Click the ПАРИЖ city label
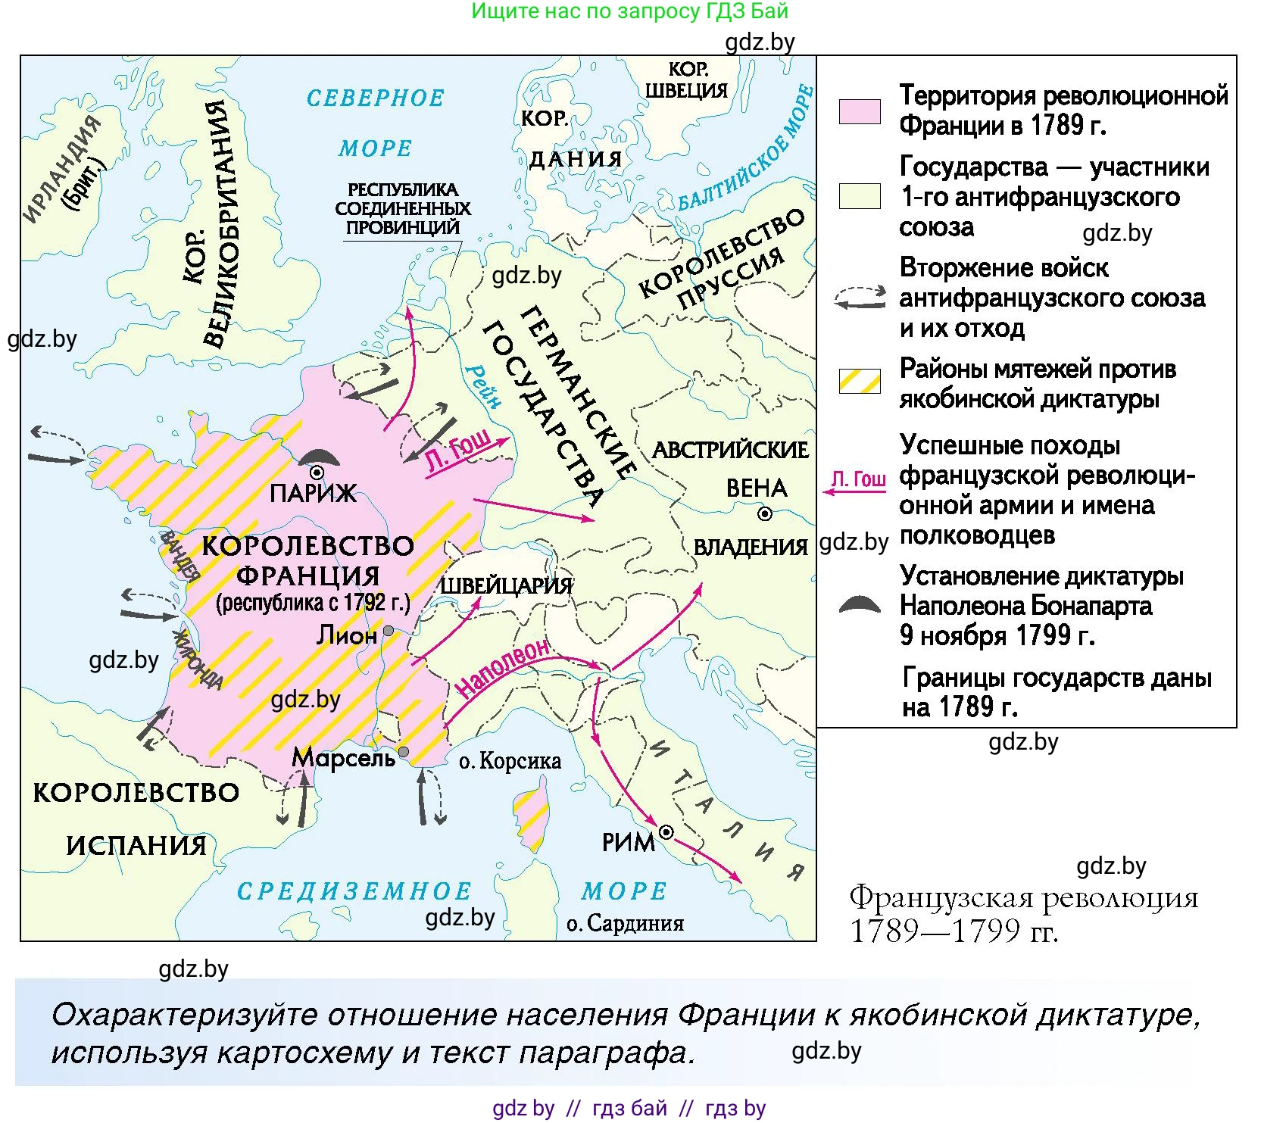pyautogui.click(x=313, y=494)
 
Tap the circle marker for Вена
pyautogui.click(x=765, y=514)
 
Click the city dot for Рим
pyautogui.click(x=666, y=832)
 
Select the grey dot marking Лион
pyautogui.click(x=389, y=631)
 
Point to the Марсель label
pyautogui.click(x=343, y=757)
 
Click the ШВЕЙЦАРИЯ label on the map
pyautogui.click(x=506, y=585)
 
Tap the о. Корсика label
pyautogui.click(x=510, y=761)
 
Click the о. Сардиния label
pyautogui.click(x=625, y=923)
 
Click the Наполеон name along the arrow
pyautogui.click(x=503, y=667)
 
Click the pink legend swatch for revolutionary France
pyautogui.click(x=860, y=111)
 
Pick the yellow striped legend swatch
pyautogui.click(x=860, y=381)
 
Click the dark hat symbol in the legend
pyautogui.click(x=860, y=604)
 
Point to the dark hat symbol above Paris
pyautogui.click(x=319, y=457)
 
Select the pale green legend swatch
pyautogui.click(x=860, y=196)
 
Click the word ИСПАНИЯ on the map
pyautogui.click(x=136, y=845)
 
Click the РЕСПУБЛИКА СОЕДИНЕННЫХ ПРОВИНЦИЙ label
pyautogui.click(x=403, y=208)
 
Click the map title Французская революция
pyautogui.click(x=1023, y=898)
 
